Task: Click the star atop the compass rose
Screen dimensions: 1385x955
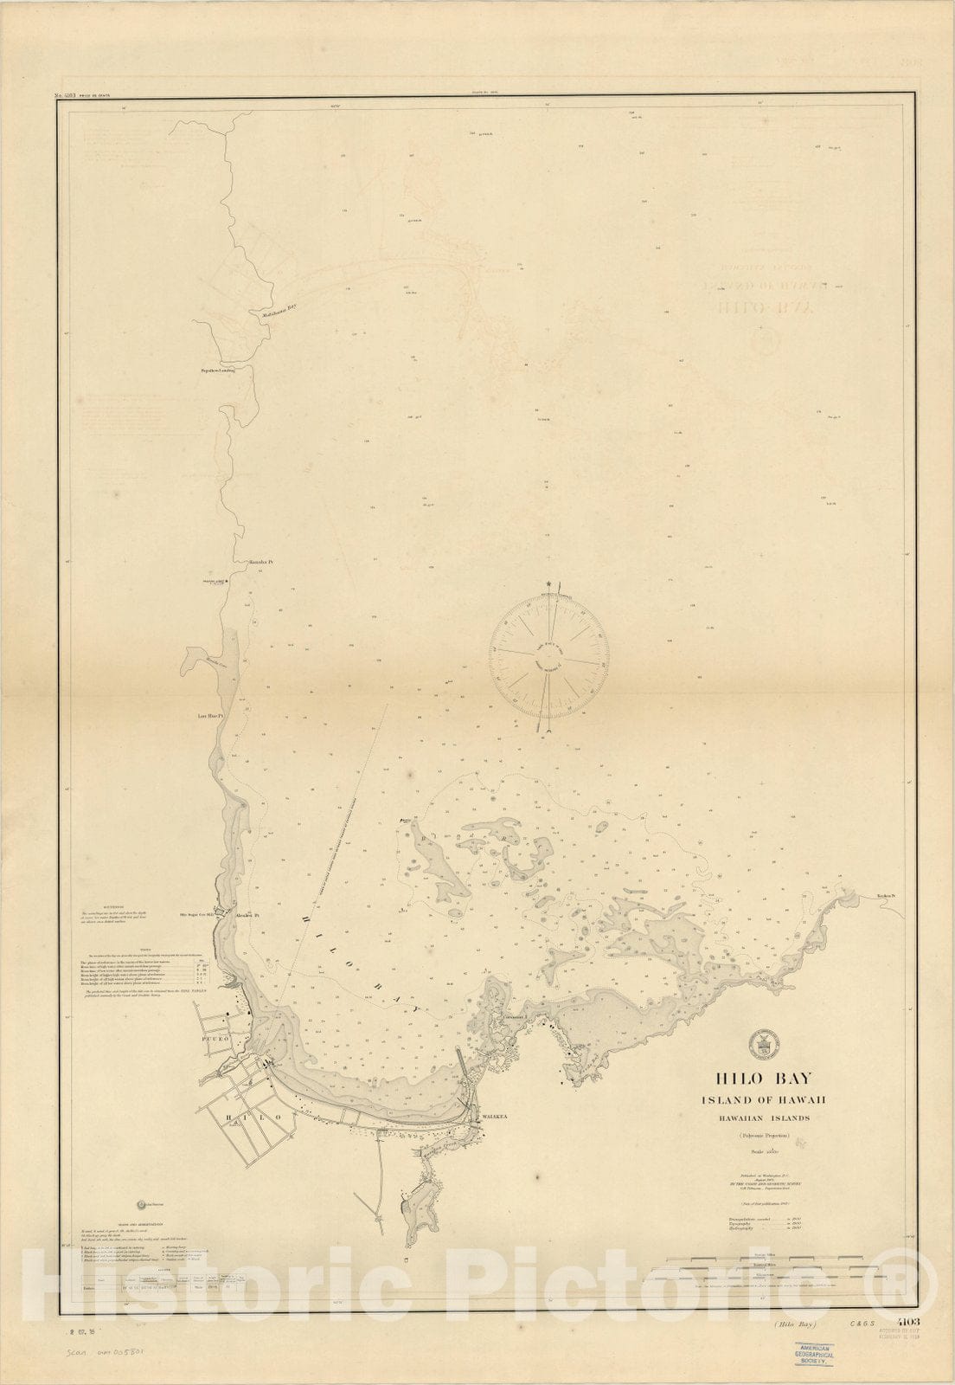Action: click(548, 586)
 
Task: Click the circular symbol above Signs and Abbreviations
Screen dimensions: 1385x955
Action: click(143, 1204)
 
